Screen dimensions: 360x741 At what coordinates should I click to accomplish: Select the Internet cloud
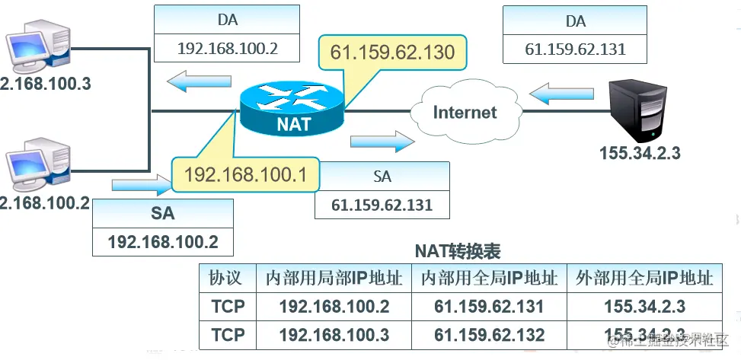click(x=465, y=113)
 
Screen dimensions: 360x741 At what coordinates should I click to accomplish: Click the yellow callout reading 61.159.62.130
click(x=392, y=53)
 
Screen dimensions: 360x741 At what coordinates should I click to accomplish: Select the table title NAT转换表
click(x=457, y=250)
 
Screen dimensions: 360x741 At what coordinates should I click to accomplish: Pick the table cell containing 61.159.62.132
click(x=489, y=334)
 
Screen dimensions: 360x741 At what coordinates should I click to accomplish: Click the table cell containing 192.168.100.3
click(x=334, y=334)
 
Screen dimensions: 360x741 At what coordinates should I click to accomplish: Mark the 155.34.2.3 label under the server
click(x=640, y=153)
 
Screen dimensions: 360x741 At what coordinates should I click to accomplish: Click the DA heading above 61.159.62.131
click(x=576, y=21)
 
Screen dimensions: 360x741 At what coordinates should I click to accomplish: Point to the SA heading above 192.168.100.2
click(x=162, y=214)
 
